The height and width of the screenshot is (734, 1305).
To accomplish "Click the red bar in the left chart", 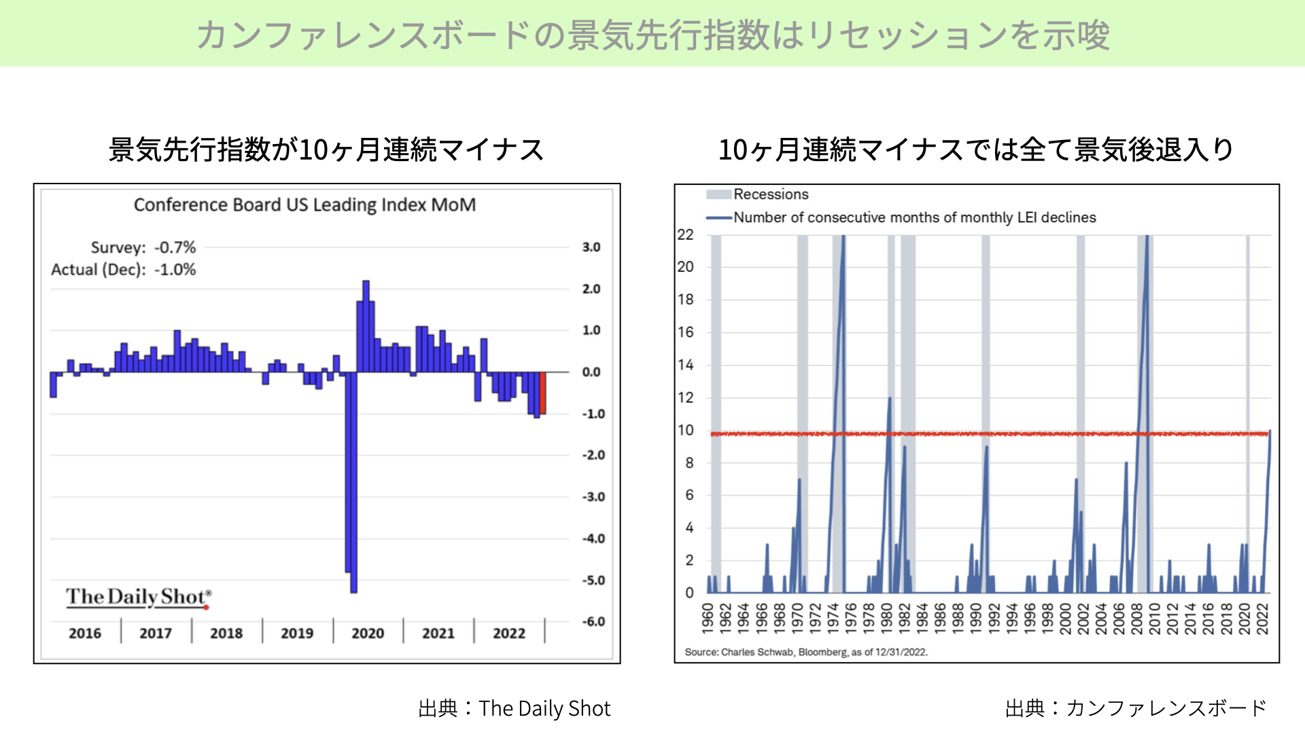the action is (542, 393).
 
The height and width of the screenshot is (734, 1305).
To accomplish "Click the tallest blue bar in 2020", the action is (366, 326).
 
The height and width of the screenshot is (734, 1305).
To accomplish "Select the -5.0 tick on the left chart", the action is (593, 580).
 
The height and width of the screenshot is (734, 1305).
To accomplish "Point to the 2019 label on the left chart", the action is (297, 633).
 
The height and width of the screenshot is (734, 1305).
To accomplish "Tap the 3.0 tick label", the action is (591, 247).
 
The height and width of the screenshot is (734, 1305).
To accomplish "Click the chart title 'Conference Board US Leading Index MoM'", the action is (304, 205).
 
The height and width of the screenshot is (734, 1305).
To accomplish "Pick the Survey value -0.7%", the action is (175, 247).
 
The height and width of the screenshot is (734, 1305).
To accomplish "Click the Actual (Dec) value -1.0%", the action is (175, 270).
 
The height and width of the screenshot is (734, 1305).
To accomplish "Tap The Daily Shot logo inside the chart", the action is (139, 597).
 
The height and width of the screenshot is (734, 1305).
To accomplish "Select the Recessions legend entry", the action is (757, 194).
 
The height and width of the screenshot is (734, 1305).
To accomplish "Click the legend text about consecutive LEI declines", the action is (915, 217).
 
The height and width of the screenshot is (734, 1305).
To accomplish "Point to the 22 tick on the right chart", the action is (685, 235).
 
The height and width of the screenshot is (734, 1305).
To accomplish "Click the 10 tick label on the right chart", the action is (685, 430).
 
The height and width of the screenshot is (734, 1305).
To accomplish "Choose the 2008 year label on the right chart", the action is (1136, 618).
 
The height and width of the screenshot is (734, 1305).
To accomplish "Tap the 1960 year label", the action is (708, 618).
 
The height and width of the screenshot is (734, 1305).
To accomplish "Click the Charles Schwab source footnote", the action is (806, 652).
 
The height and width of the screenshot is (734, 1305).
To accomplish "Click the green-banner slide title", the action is (652, 35).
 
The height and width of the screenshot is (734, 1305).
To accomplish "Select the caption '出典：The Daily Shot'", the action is (515, 709).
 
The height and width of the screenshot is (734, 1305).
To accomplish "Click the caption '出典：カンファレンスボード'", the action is (1136, 708).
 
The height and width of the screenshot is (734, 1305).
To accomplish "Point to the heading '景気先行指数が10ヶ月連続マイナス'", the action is (327, 150).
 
